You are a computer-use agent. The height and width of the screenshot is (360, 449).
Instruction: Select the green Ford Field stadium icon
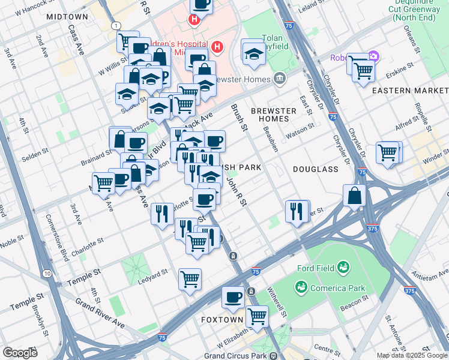click(x=343, y=266)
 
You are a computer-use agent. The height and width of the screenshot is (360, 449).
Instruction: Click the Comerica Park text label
click(x=336, y=288)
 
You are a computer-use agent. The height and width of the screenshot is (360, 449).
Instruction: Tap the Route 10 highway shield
click(x=47, y=274)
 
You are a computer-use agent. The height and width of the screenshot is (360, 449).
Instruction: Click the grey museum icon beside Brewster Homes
click(x=279, y=78)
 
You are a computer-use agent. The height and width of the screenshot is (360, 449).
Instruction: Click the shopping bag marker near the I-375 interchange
click(x=355, y=195)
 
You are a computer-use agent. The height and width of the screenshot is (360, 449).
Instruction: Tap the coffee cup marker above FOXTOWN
click(x=233, y=296)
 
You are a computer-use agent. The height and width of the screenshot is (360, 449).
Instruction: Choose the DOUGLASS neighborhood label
click(x=316, y=169)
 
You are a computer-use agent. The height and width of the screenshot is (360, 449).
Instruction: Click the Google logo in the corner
click(x=20, y=353)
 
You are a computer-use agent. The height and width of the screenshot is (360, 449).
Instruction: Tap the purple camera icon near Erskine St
click(x=373, y=57)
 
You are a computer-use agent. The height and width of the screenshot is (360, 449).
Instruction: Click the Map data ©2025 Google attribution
click(x=411, y=355)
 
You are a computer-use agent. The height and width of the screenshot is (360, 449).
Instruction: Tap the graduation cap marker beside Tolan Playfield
click(x=254, y=53)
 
